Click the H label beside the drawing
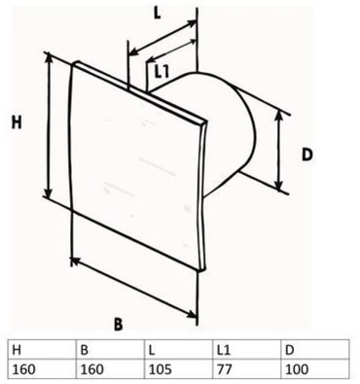point(17,122)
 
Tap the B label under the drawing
point(119,324)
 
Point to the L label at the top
point(157,14)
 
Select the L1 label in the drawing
point(162,72)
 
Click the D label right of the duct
point(306,156)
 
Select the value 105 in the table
point(161,369)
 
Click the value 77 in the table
point(225,369)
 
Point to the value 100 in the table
point(297,369)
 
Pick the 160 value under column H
point(23,369)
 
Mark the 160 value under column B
point(92,369)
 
